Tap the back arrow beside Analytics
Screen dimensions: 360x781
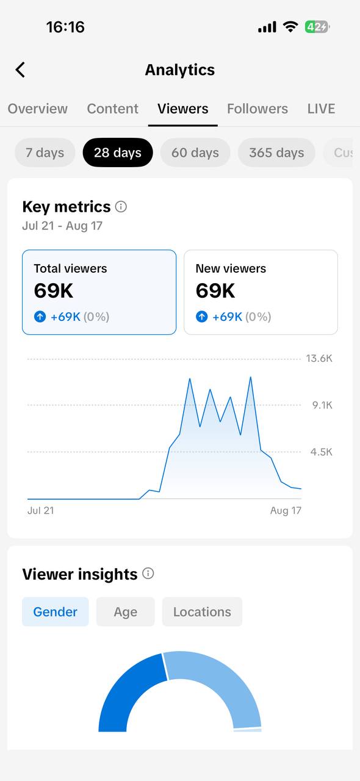20,70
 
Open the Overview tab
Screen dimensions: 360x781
38,109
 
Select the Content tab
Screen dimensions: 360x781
113,109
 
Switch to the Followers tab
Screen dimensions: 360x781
257,109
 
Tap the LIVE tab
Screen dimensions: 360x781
321,109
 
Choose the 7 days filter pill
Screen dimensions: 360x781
45,153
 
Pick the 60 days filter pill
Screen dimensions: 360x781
195,153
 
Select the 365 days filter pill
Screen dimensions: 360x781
276,153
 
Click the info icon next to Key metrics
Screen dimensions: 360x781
121,207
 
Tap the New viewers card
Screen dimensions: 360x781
261,292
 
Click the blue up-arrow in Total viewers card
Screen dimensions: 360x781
40,317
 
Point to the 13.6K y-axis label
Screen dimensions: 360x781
319,358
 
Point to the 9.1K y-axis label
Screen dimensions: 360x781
322,405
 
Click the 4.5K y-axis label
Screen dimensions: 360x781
322,452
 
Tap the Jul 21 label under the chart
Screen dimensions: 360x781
41,511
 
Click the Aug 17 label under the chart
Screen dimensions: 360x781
286,511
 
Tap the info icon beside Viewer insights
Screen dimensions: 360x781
148,573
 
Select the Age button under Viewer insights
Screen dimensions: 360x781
126,611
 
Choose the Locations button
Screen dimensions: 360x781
202,611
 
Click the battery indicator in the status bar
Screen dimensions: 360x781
317,27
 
